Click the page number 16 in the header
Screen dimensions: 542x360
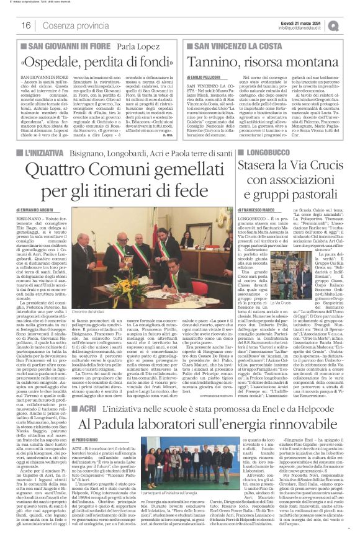(27, 25)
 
